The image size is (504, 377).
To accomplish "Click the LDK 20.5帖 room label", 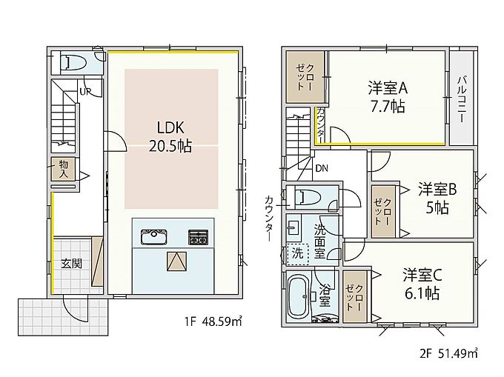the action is [170, 137].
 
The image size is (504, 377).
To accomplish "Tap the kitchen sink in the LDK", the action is [153, 237].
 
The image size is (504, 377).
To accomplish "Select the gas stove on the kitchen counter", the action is [198, 237].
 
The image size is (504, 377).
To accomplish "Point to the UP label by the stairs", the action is [85, 92].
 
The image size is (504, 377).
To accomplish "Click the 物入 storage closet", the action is [63, 169].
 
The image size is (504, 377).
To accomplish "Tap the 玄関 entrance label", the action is [71, 264].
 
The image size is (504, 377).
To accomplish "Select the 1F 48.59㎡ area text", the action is [213, 321].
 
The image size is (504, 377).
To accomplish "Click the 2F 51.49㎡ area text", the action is [448, 353].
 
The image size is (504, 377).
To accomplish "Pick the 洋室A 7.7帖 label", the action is [388, 97].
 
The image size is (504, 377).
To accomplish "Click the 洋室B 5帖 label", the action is [437, 198].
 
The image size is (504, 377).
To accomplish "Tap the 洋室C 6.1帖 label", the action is [422, 284].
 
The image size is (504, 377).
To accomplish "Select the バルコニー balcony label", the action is [462, 99].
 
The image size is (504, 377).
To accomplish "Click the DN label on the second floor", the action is [322, 168].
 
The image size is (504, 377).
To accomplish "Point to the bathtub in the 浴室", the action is [299, 296].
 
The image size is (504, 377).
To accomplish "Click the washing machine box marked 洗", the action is [298, 254].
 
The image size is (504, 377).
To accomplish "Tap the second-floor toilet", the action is [308, 197].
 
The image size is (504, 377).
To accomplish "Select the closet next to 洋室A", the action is [305, 77].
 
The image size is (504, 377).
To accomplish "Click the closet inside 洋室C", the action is [355, 297].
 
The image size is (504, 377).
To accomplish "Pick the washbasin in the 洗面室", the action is [294, 227].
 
